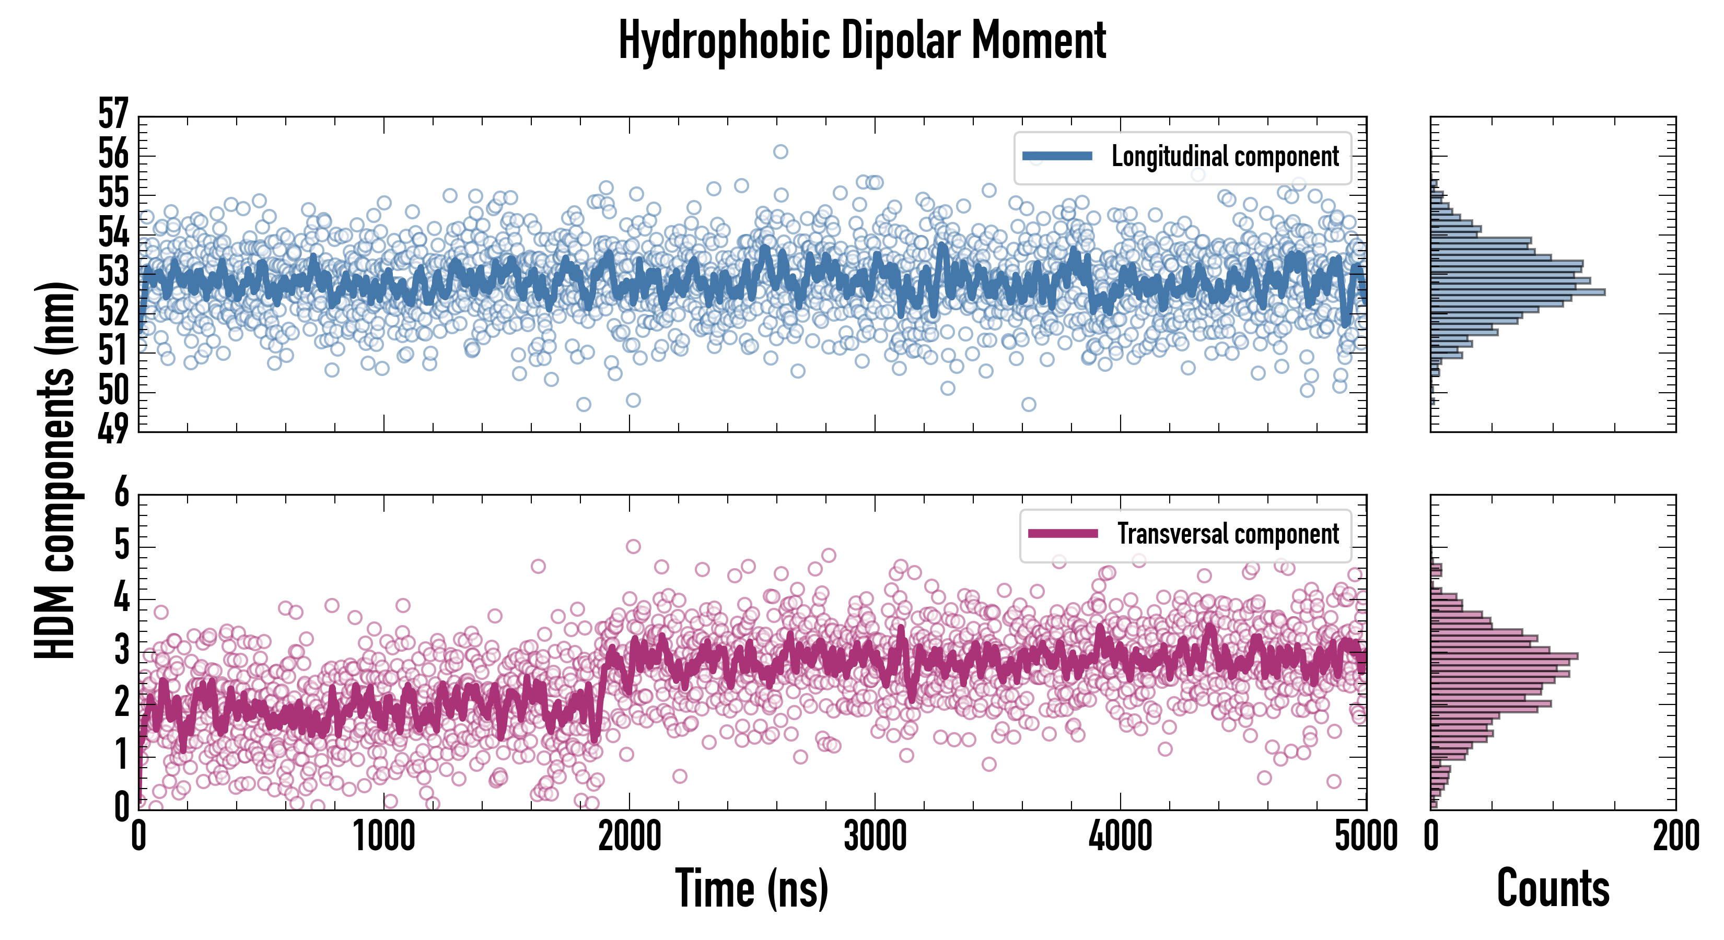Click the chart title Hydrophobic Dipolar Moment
(x=862, y=41)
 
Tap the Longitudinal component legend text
(x=1225, y=157)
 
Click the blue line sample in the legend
(x=1057, y=157)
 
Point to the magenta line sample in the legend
(x=1062, y=534)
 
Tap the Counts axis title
(x=1553, y=888)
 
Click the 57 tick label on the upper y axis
(x=113, y=114)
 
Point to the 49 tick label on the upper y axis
(x=113, y=429)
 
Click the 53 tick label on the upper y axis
(x=113, y=272)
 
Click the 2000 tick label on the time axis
(x=629, y=836)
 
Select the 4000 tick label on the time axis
(x=1120, y=836)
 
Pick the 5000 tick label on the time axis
(x=1365, y=836)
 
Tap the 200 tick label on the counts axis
(x=1675, y=836)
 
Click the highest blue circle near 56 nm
(x=781, y=152)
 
